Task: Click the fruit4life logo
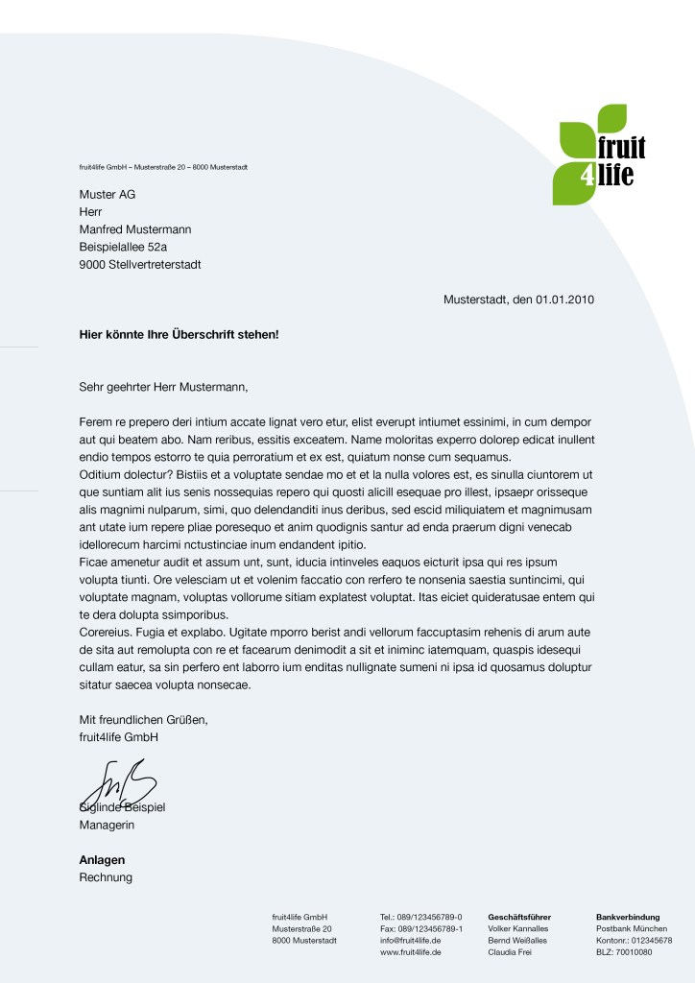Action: pos(601,155)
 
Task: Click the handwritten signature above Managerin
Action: pos(120,782)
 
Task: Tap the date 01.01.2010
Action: pos(565,300)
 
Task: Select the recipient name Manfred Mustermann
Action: pos(135,229)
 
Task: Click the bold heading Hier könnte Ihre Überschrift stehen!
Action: pos(179,335)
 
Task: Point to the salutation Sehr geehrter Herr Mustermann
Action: pos(163,387)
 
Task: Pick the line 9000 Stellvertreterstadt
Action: pos(140,264)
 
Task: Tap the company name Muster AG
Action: pos(107,195)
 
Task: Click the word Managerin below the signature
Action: pos(107,825)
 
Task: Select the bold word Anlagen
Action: pos(102,860)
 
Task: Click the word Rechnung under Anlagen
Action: pos(106,877)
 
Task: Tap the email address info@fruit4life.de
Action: pos(411,941)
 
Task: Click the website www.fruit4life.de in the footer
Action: pos(411,952)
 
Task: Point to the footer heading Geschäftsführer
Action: pos(519,917)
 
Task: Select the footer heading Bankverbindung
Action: pos(628,917)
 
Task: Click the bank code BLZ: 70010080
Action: pos(624,952)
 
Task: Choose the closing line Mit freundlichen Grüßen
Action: pos(143,719)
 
